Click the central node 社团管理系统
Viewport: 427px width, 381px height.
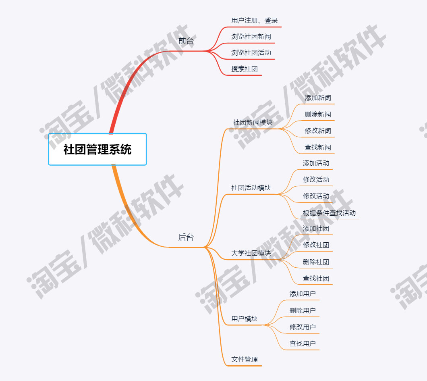point(97,150)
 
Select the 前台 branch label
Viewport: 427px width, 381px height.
point(186,41)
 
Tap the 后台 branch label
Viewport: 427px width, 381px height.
point(186,237)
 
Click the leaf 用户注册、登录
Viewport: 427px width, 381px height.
point(255,20)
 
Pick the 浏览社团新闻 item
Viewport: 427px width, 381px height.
point(251,37)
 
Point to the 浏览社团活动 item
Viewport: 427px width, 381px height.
point(251,53)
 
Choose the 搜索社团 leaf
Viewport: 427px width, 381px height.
point(245,69)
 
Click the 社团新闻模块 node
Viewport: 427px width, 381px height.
point(253,122)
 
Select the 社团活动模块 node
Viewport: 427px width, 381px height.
point(251,188)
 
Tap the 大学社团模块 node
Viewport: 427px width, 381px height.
point(251,253)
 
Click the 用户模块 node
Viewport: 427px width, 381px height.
point(245,319)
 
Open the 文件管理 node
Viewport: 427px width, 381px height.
point(245,359)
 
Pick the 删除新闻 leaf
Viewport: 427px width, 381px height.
point(318,115)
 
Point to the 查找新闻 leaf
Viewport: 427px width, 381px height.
point(318,147)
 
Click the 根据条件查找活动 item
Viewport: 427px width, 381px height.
point(329,213)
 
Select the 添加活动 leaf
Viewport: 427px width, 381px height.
point(316,163)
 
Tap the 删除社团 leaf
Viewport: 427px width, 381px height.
point(316,262)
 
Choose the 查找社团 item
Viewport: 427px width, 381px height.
point(316,278)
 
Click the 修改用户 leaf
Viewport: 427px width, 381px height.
point(303,327)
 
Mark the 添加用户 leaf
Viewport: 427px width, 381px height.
point(303,294)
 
